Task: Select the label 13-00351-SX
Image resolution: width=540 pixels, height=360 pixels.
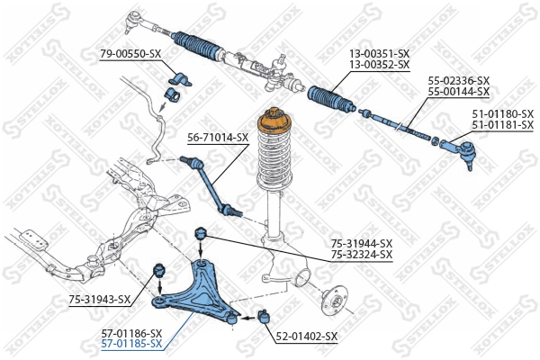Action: (379, 53)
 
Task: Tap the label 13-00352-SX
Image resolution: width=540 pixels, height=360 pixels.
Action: (379, 65)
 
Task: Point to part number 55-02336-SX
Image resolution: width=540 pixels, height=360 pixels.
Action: (459, 80)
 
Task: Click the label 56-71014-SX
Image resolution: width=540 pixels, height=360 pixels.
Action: (218, 138)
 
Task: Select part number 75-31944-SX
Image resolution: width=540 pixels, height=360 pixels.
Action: (362, 243)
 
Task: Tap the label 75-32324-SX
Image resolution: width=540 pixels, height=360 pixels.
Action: (362, 255)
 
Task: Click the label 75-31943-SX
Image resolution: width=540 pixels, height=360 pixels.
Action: (100, 300)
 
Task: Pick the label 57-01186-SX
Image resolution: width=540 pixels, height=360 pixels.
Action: (131, 332)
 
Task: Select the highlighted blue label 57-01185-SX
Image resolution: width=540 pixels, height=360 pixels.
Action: (131, 344)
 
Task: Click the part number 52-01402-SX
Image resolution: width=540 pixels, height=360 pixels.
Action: (306, 337)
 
